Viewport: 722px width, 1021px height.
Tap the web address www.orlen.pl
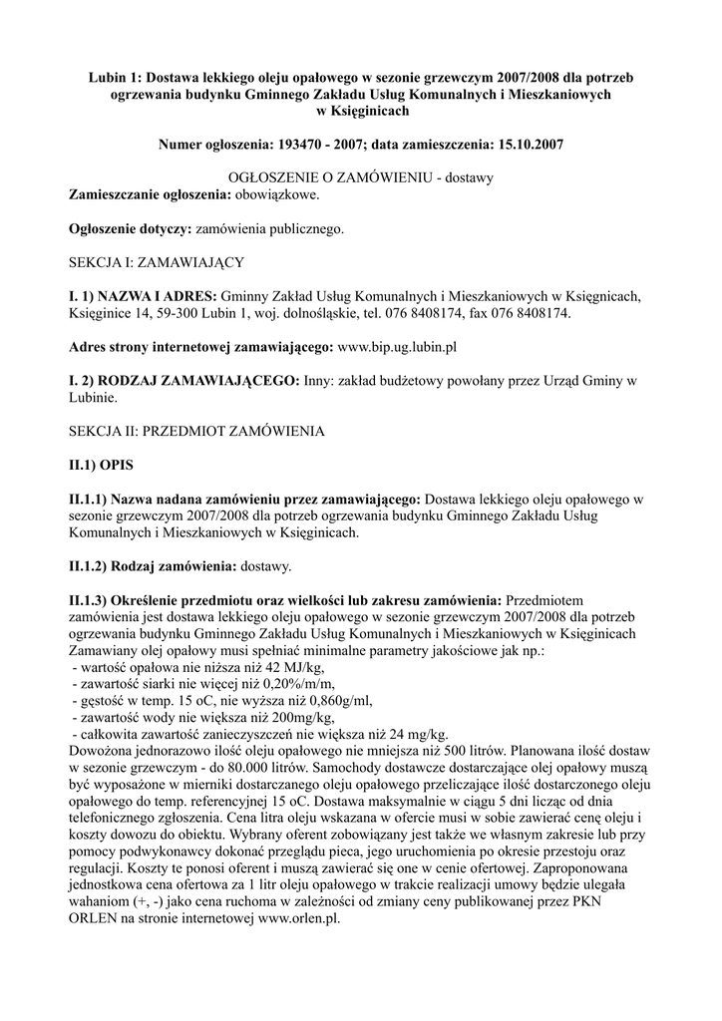[x=299, y=918]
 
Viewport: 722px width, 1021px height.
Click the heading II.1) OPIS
[x=100, y=466]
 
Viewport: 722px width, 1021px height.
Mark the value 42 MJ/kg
[x=293, y=667]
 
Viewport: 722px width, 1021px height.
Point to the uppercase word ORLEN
[x=93, y=918]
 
